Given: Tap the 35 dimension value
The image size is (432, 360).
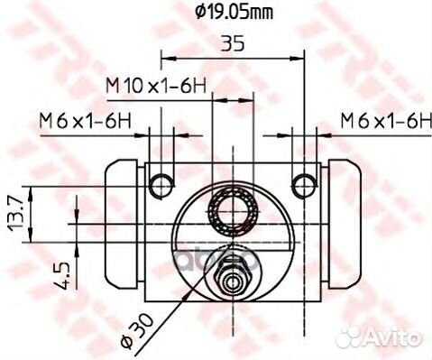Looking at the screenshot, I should [231, 43].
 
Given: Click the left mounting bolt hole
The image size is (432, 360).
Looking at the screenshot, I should [161, 185].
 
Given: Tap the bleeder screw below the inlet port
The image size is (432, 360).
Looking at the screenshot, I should [233, 279].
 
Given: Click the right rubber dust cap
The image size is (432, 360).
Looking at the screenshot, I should [345, 222].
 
